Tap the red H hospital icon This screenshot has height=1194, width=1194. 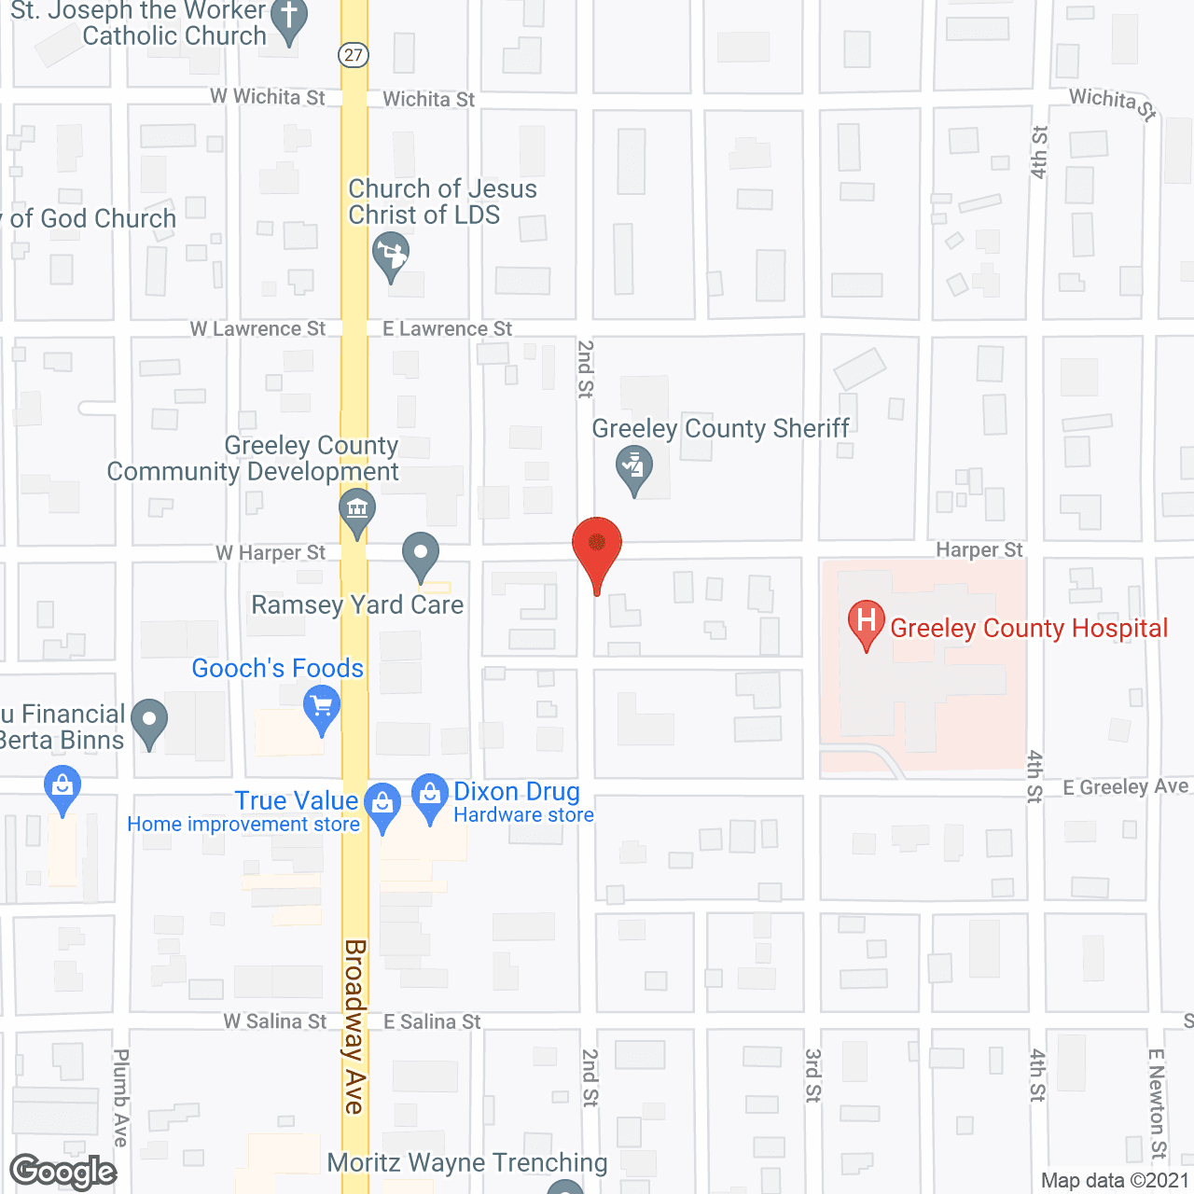[866, 622]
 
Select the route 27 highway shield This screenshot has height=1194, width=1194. [354, 55]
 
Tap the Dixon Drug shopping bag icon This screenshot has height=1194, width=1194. [430, 796]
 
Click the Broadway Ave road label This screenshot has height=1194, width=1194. [354, 1026]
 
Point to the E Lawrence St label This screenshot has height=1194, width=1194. [447, 329]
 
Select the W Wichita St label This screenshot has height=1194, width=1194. [268, 97]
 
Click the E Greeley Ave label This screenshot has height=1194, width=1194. [1125, 787]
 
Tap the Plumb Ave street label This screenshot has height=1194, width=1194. [121, 1097]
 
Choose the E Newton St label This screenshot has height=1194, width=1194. [1157, 1103]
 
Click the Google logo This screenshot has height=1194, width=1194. [63, 1172]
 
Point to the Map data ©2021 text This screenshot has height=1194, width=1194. [1115, 1181]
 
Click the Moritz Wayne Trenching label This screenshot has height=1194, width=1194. [467, 1162]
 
